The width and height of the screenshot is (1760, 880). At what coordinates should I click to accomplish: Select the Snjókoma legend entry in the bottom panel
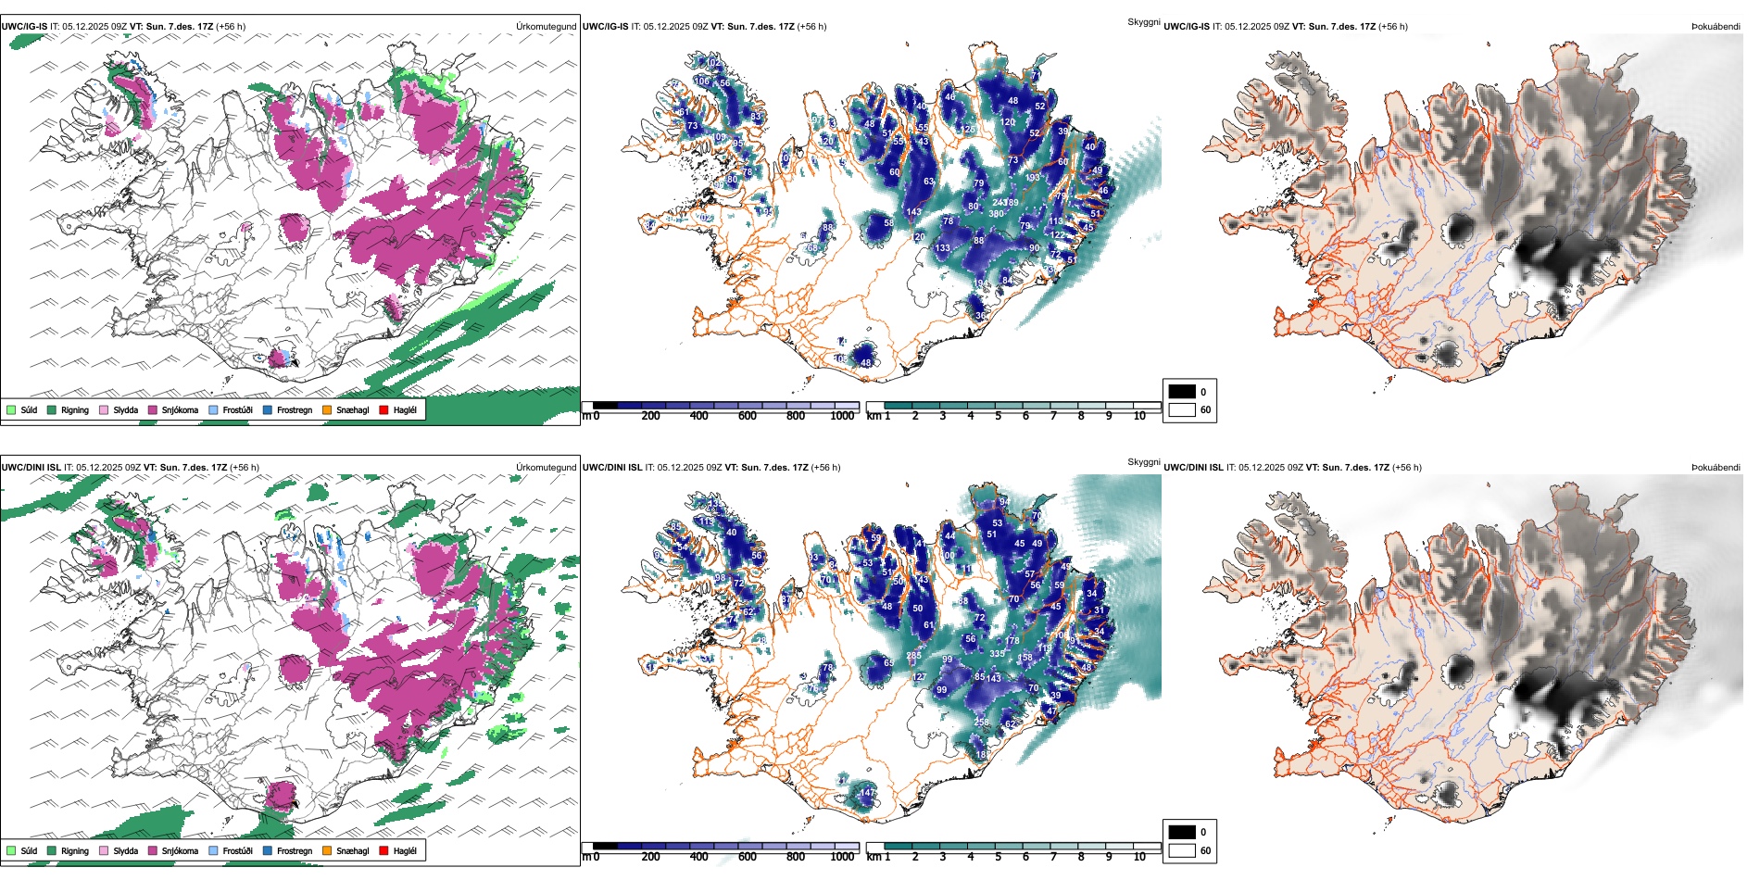[x=180, y=850]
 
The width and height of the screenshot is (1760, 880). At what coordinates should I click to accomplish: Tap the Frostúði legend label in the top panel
[x=237, y=409]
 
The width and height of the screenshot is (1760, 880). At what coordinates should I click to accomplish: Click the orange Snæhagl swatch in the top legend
[x=327, y=409]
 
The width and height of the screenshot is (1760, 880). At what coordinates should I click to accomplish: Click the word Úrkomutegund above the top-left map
[x=546, y=26]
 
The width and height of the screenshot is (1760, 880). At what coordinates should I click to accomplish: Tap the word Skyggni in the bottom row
[x=1143, y=461]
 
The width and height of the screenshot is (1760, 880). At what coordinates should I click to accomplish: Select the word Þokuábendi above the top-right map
[x=1716, y=26]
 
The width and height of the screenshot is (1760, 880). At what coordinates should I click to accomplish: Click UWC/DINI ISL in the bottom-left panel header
[x=31, y=467]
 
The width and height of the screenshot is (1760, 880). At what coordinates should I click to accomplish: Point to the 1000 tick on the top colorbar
[x=842, y=416]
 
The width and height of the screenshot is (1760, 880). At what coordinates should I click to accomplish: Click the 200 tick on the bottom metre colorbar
[x=650, y=857]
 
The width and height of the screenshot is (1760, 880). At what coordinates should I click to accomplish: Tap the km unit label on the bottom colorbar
[x=874, y=857]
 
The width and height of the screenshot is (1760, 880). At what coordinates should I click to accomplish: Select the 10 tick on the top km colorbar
[x=1139, y=416]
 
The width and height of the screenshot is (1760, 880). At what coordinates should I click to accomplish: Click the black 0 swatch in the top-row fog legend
[x=1182, y=392]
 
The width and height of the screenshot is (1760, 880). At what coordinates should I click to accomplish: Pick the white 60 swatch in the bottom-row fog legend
[x=1182, y=850]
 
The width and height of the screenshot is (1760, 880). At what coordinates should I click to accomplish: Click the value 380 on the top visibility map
[x=996, y=214]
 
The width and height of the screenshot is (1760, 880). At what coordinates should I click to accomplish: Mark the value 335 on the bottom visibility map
[x=997, y=654]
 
